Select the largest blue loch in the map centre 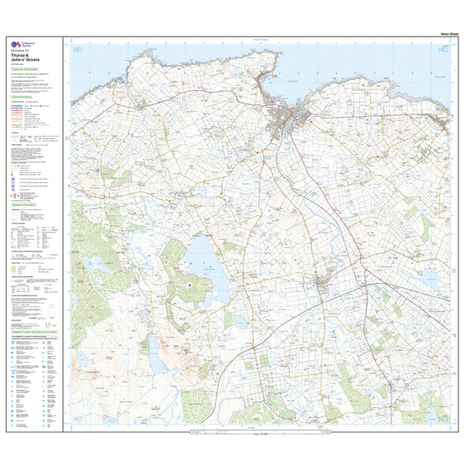coord(204,259)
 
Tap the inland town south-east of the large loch coord(321,284)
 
